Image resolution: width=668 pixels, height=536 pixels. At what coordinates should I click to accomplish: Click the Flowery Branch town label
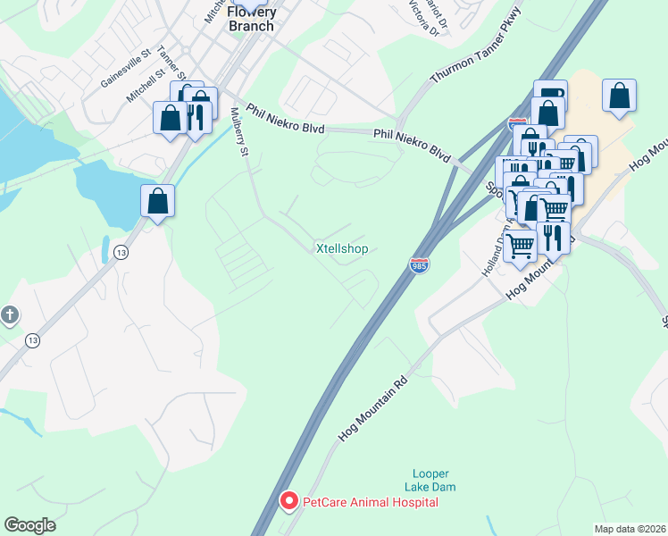pyautogui.click(x=253, y=19)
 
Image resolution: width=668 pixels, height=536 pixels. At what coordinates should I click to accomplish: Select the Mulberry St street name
pyautogui.click(x=238, y=132)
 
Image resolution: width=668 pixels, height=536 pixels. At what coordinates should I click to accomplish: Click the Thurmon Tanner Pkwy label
pyautogui.click(x=474, y=50)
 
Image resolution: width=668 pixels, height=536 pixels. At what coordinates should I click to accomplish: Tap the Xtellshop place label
pyautogui.click(x=342, y=248)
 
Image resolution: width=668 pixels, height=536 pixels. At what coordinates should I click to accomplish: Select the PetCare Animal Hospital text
pyautogui.click(x=371, y=502)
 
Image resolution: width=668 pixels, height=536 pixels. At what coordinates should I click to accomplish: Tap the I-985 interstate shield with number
pyautogui.click(x=418, y=265)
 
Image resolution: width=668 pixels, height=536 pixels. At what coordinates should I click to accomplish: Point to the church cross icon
pyautogui.click(x=9, y=314)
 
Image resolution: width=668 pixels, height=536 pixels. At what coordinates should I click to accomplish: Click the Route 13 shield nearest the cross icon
pyautogui.click(x=33, y=339)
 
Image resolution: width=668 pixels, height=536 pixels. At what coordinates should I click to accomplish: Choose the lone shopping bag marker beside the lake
pyautogui.click(x=157, y=201)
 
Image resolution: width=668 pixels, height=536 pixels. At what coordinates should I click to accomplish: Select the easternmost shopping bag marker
pyautogui.click(x=619, y=96)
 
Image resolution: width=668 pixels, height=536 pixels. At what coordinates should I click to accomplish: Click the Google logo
pyautogui.click(x=29, y=525)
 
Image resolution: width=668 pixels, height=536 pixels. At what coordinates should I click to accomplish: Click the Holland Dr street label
pyautogui.click(x=491, y=255)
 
